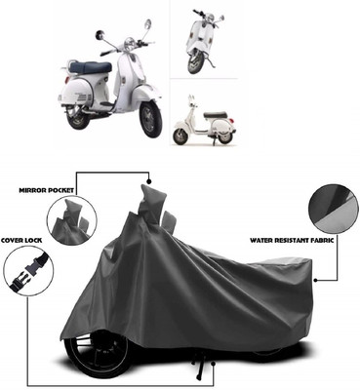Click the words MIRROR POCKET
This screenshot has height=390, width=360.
[47, 190]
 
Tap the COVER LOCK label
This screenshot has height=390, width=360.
[21, 241]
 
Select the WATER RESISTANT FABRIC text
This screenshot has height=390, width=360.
[292, 241]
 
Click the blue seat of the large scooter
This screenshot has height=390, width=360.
[91, 67]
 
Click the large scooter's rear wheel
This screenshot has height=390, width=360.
[78, 116]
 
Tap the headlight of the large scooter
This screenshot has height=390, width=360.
[130, 42]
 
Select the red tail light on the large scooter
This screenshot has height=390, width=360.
[67, 80]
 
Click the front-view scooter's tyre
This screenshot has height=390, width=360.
[195, 63]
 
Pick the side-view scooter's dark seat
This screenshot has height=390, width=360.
[215, 115]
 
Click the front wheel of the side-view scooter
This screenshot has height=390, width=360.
[180, 136]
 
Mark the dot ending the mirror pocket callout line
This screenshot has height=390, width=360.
[149, 180]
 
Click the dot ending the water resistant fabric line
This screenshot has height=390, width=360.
[315, 280]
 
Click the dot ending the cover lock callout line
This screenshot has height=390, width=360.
[214, 364]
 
